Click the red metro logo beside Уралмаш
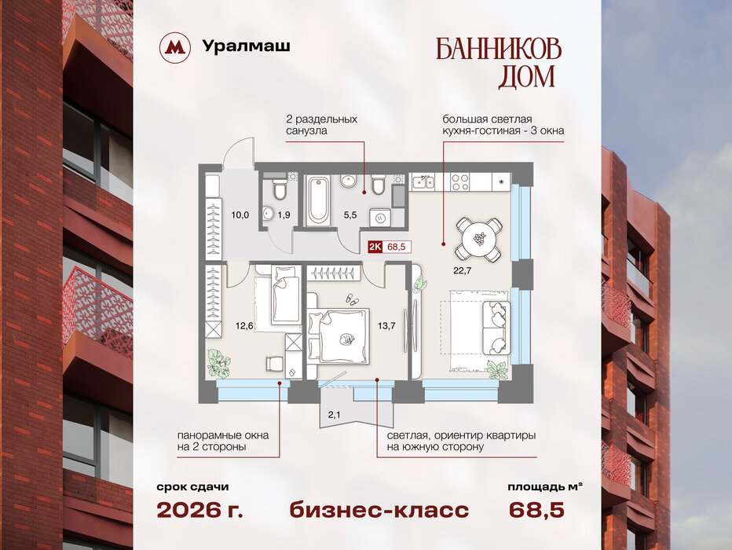[x=175, y=47]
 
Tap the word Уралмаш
[x=246, y=46]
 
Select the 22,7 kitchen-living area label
[x=462, y=270]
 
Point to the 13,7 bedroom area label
[x=386, y=326]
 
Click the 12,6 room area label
[x=244, y=326]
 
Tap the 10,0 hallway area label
[x=240, y=215]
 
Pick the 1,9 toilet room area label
[x=284, y=215]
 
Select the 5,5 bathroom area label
[x=350, y=215]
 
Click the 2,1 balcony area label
[x=335, y=413]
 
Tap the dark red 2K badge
[x=375, y=247]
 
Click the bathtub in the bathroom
[x=317, y=201]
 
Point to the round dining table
[x=480, y=239]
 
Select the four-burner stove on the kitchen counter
[x=459, y=181]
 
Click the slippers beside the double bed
[x=351, y=299]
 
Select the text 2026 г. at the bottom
[x=199, y=510]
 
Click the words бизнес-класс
[x=379, y=510]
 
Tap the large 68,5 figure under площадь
[x=536, y=510]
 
